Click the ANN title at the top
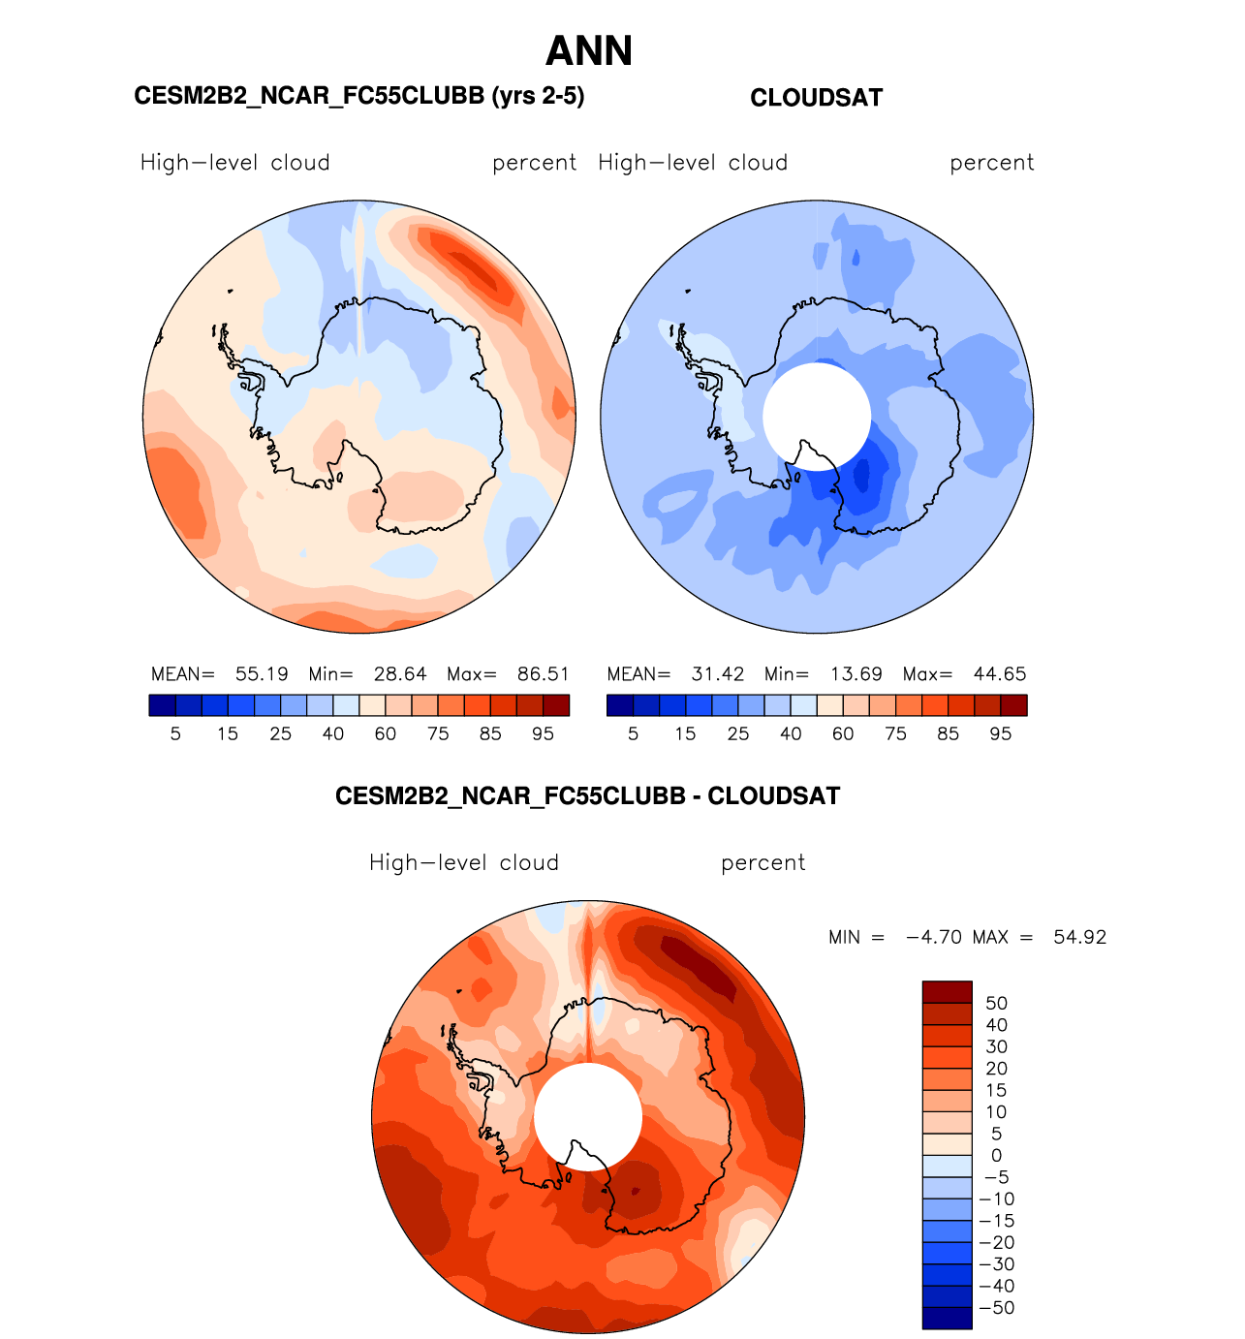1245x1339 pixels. click(x=589, y=51)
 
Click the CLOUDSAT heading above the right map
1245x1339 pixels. click(x=816, y=98)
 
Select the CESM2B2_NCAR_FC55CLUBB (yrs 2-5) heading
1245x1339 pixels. click(x=358, y=96)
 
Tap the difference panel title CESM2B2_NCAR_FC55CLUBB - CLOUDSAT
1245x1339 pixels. click(x=587, y=796)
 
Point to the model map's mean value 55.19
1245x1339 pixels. click(x=262, y=674)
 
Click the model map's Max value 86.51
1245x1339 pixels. click(x=543, y=674)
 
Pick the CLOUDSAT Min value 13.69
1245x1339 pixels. click(x=856, y=674)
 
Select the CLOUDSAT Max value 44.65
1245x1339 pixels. click(x=999, y=674)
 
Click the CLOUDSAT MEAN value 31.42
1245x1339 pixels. click(x=718, y=674)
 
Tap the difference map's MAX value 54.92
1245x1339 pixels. click(x=1079, y=938)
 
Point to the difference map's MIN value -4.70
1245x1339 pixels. click(x=933, y=938)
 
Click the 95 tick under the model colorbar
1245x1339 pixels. click(x=543, y=734)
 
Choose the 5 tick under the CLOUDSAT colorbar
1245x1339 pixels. click(x=633, y=734)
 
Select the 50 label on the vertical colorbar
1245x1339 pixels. click(x=996, y=1004)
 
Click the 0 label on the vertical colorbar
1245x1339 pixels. click(x=996, y=1156)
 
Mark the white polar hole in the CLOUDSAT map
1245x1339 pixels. click(x=816, y=415)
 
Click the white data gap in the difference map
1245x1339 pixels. click(x=587, y=1114)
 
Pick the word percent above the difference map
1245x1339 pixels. click(x=763, y=863)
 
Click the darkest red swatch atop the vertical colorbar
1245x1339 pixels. click(x=947, y=992)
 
